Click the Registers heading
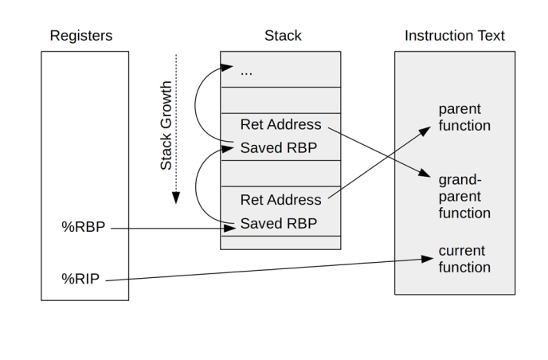[81, 36]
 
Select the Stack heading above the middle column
[283, 36]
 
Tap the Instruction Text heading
[454, 36]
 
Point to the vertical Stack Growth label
[166, 125]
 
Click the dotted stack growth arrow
[177, 127]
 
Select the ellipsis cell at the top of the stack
[280, 70]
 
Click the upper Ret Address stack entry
[280, 125]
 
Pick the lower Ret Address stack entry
[280, 200]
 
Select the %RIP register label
[81, 279]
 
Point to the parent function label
[464, 116]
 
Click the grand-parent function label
[464, 196]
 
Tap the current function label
[464, 259]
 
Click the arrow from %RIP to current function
[263, 269]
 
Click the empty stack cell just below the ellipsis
[280, 100]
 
